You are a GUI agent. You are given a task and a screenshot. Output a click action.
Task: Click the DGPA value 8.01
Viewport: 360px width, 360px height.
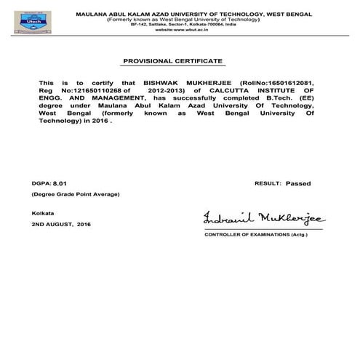click(x=67, y=185)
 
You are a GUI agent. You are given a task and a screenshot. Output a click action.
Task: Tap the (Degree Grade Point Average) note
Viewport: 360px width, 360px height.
click(x=74, y=196)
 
